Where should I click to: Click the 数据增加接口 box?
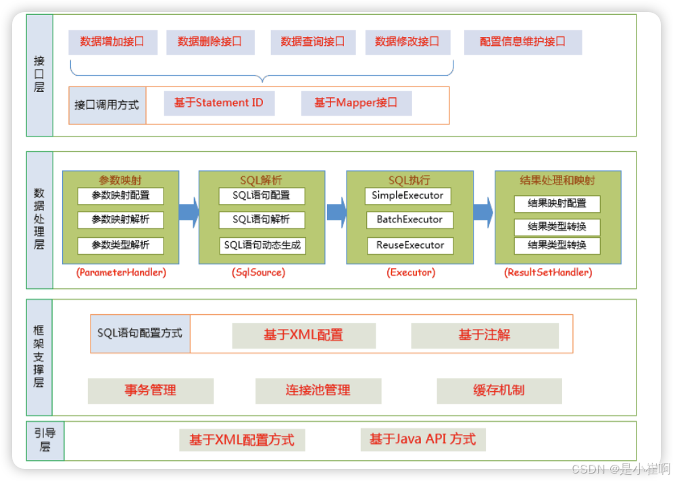pos(112,42)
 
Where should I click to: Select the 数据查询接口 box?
pos(312,42)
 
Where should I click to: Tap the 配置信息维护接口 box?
pos(522,42)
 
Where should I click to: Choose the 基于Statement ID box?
pos(219,103)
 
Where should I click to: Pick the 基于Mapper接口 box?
pos(355,103)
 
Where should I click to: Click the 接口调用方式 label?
pos(107,105)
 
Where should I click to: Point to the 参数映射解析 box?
pos(120,220)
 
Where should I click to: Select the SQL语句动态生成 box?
pos(261,245)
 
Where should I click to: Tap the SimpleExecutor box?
pos(407,195)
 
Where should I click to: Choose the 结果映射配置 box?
pos(557,203)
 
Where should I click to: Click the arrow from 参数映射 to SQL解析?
pos(189,212)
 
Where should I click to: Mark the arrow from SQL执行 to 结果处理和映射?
pos(483,212)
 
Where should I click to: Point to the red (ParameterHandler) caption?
pos(121,272)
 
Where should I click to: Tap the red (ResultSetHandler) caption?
pos(548,272)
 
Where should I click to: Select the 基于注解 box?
pos(484,335)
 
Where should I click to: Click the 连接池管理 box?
pos(318,390)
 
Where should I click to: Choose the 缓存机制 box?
pos(499,390)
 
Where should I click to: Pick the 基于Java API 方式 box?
pos(422,439)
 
